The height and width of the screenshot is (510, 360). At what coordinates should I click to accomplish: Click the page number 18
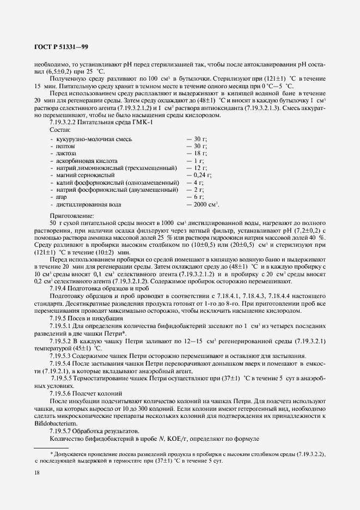coord(37,473)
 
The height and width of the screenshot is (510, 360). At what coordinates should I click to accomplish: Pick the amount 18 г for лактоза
coord(197,154)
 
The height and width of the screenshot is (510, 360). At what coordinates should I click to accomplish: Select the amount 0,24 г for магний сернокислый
coord(199,176)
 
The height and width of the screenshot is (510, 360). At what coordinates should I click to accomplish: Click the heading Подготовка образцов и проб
coord(105,288)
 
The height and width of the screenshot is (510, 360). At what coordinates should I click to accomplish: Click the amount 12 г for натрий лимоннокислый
coord(197,168)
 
